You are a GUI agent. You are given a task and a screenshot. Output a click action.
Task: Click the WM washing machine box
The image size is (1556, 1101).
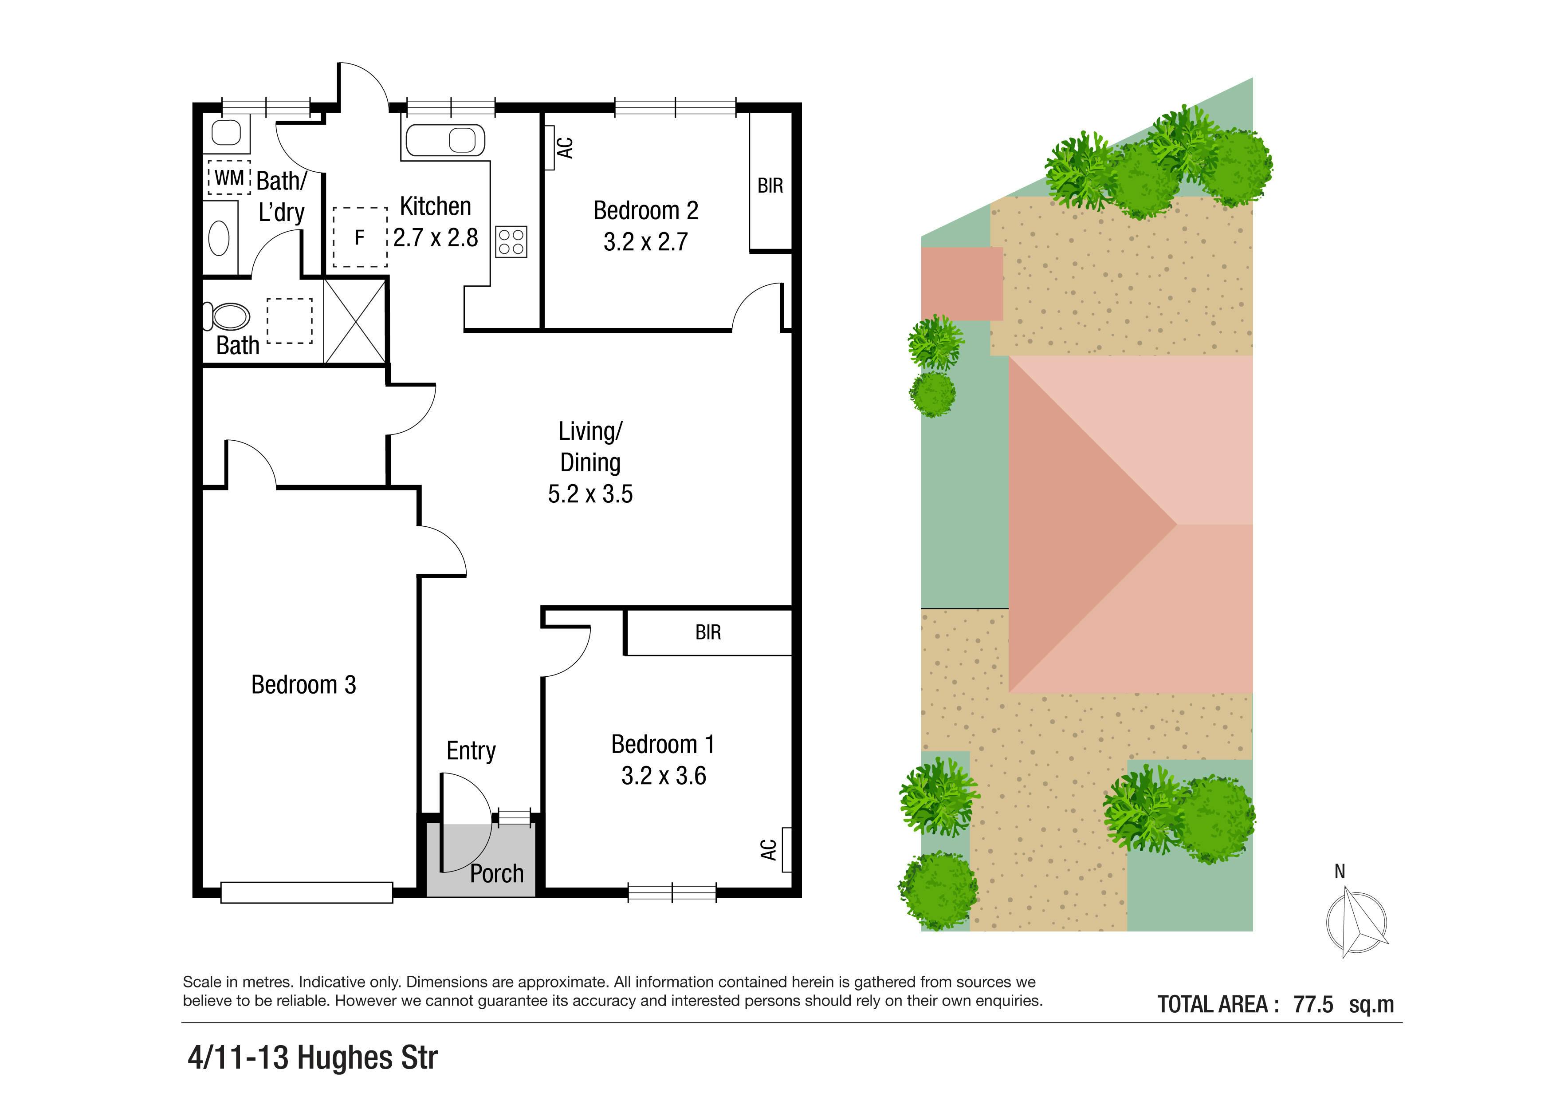tap(228, 178)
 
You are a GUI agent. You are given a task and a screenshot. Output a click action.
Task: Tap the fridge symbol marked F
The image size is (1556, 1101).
tap(360, 237)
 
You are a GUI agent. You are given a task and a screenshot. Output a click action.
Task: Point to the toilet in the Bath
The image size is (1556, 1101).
tap(226, 316)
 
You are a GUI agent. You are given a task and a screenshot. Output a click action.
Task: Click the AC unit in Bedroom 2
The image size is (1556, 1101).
tap(550, 147)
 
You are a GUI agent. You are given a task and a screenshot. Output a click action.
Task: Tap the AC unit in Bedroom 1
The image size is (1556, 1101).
tap(786, 849)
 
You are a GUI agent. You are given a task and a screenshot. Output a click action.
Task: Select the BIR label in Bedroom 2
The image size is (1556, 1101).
tap(770, 185)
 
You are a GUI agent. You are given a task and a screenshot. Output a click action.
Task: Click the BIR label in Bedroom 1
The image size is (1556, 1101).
tap(708, 632)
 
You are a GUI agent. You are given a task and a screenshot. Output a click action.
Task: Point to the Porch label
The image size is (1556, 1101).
tap(497, 874)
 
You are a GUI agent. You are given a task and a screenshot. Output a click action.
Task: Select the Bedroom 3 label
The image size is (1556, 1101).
tap(303, 685)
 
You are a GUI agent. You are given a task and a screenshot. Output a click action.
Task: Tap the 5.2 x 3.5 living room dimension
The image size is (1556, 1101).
tap(590, 493)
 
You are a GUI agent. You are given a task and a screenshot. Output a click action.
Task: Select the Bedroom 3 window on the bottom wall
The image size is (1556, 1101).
tap(307, 892)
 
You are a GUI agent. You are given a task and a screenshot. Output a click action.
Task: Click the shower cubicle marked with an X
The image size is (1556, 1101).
tap(354, 321)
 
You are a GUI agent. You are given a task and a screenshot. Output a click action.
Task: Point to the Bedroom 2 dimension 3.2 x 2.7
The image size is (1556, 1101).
tap(646, 241)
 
